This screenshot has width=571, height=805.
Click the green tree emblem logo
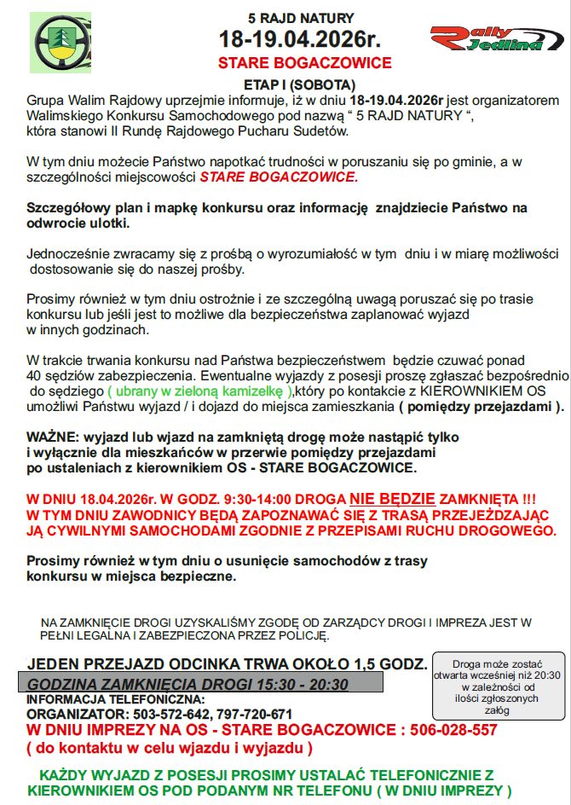click(x=61, y=42)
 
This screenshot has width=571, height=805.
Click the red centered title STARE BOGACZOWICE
click(x=304, y=63)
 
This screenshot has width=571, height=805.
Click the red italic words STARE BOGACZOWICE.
click(x=279, y=177)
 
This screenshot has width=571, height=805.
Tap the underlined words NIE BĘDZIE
click(x=391, y=498)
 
